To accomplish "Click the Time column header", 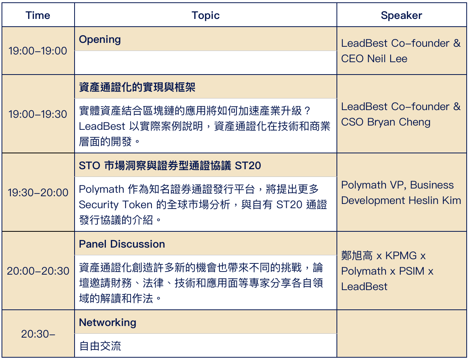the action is click(x=38, y=15).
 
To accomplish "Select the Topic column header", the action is click(x=206, y=15).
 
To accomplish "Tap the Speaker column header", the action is click(x=401, y=15).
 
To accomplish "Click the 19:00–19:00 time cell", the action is click(x=38, y=51).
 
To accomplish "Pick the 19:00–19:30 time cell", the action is click(x=38, y=114).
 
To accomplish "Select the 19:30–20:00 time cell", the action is click(x=38, y=192).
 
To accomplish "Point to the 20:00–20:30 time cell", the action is click(x=38, y=271).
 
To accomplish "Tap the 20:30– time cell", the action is click(x=38, y=334).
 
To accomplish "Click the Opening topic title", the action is click(x=100, y=40).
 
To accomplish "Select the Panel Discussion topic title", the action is click(x=122, y=244).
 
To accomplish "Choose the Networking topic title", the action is click(x=107, y=323).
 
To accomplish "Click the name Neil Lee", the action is click(x=387, y=59).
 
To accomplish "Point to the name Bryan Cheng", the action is click(x=399, y=122).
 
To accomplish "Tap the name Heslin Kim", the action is click(x=435, y=200).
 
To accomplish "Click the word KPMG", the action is click(x=401, y=256).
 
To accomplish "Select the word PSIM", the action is click(x=411, y=271).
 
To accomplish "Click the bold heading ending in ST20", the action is click(x=170, y=166).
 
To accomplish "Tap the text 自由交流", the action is click(x=100, y=346).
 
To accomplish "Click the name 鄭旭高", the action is click(x=357, y=256).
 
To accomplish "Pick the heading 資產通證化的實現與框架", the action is click(x=137, y=87).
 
